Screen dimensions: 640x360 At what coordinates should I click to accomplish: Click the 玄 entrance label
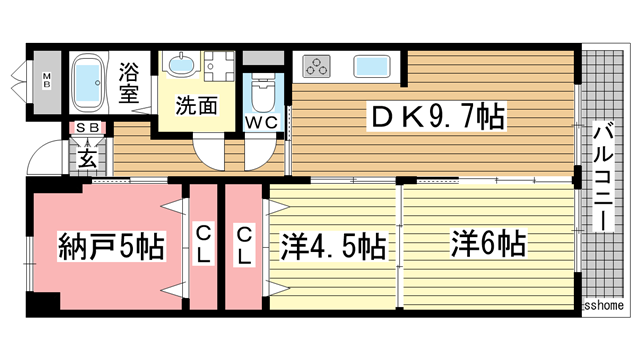[x=87, y=157]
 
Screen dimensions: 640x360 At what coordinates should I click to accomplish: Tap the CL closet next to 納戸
[x=203, y=245]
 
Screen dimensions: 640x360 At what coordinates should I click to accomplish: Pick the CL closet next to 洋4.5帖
[x=244, y=245]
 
